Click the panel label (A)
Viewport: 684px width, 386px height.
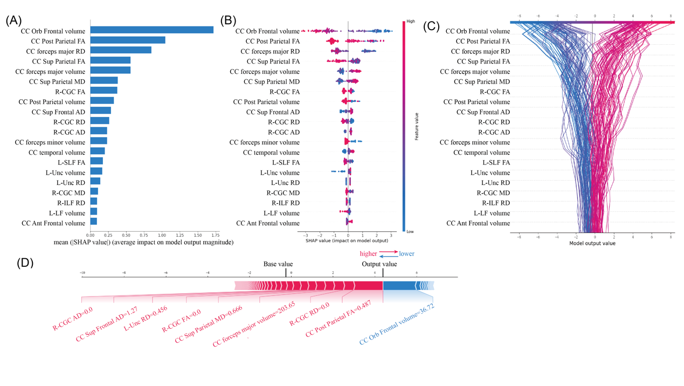coord(14,21)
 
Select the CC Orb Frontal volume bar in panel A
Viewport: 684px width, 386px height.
coord(151,30)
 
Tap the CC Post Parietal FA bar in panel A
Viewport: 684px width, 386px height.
coord(128,40)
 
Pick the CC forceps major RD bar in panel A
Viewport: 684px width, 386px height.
coord(121,50)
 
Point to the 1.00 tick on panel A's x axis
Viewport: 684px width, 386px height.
coord(162,235)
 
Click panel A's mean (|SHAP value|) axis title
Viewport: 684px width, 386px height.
coord(143,243)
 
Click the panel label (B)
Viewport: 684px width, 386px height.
coord(229,21)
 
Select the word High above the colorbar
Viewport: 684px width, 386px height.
coord(411,22)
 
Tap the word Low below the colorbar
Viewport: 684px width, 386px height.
coord(411,231)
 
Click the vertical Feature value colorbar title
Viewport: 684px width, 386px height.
coord(417,127)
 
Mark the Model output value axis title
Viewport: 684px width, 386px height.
coord(592,243)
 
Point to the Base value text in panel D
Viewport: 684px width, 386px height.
coord(278,264)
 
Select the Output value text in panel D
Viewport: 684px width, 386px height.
coord(379,264)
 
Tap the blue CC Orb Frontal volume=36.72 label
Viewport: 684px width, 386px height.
coord(397,325)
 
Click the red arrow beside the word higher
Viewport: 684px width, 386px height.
coord(389,251)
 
